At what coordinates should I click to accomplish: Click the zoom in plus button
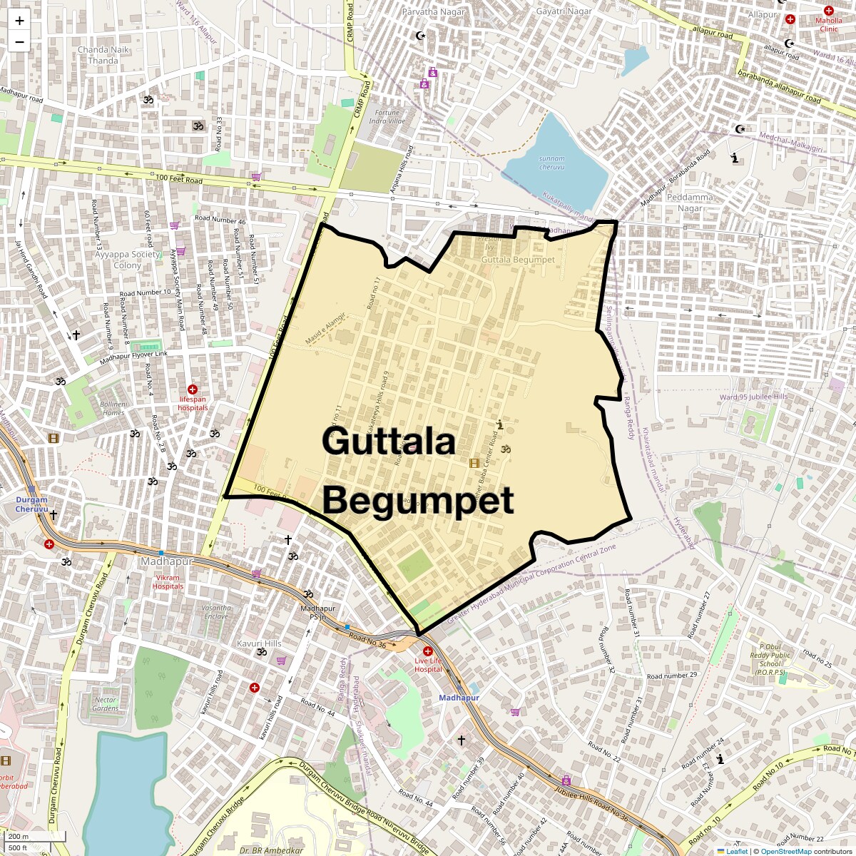[x=19, y=21]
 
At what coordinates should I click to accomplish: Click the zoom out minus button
[x=19, y=42]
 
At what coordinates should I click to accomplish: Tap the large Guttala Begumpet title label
[x=417, y=471]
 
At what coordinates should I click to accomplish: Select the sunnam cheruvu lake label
[x=552, y=163]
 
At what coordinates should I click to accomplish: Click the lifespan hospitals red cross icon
[x=193, y=389]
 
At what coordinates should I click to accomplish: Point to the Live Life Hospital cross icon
[x=428, y=651]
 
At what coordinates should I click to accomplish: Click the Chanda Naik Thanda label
[x=103, y=55]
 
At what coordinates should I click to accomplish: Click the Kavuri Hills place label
[x=259, y=643]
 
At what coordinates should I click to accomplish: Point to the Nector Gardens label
[x=105, y=704]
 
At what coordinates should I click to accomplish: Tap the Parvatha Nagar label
[x=433, y=12]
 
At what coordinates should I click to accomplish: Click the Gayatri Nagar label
[x=564, y=12]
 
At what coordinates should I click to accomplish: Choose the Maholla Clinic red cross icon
[x=828, y=11]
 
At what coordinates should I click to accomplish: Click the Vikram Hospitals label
[x=168, y=581]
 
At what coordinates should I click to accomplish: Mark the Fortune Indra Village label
[x=387, y=117]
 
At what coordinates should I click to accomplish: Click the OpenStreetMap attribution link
[x=785, y=851]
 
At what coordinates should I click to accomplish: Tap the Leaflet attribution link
[x=737, y=851]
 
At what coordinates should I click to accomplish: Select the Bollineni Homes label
[x=113, y=408]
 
